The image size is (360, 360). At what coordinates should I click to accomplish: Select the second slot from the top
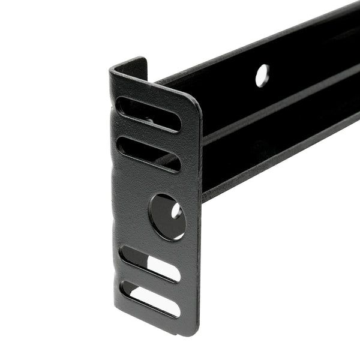[x=148, y=154]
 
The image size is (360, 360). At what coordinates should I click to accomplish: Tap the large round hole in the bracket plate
[x=167, y=217]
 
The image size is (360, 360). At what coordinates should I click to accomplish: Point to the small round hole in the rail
[x=262, y=76]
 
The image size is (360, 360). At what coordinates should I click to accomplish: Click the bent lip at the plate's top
[x=128, y=65]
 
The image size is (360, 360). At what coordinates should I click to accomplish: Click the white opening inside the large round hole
[x=176, y=211]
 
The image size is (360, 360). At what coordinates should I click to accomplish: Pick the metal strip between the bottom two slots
[x=150, y=281]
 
